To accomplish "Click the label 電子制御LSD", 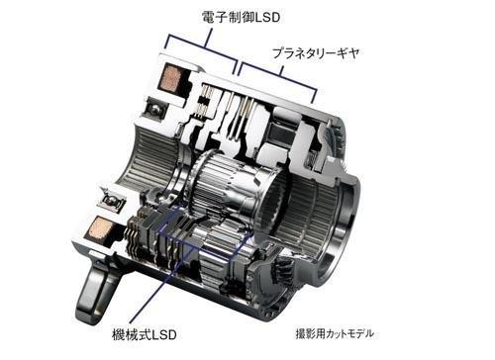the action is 241,17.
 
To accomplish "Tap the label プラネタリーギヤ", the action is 316,53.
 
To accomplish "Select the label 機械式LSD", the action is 145,335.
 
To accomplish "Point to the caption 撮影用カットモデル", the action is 335,334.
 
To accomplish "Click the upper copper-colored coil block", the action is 170,78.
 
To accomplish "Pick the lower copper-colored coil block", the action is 98,228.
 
